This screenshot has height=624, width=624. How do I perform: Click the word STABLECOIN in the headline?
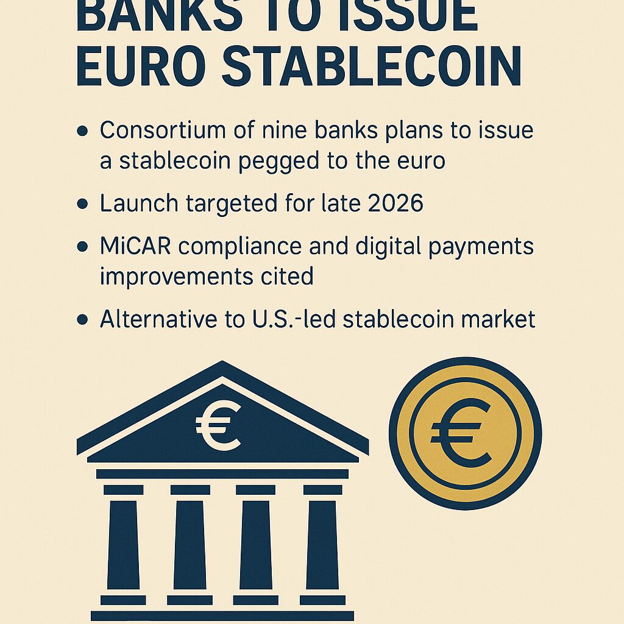coord(371,66)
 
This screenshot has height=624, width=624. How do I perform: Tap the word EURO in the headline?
coord(141,66)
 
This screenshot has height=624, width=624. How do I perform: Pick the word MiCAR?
coord(135,246)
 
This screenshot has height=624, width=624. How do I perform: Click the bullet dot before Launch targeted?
coord(82,204)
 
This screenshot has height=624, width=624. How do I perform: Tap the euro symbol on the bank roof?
coord(219,425)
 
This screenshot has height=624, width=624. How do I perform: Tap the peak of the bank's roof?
coord(222,361)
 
